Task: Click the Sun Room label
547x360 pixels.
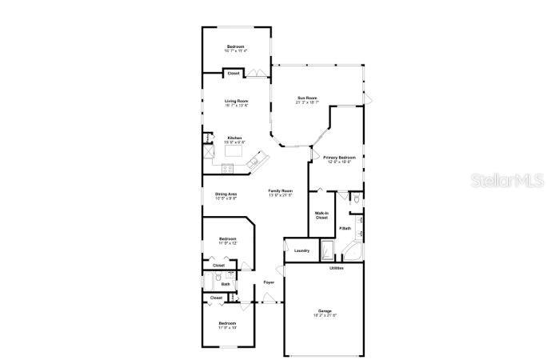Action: coord(307,98)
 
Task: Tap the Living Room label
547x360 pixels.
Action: coord(236,101)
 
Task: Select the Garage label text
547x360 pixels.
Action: coord(325,310)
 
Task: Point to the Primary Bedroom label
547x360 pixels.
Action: coord(339,158)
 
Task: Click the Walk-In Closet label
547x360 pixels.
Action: coord(321,215)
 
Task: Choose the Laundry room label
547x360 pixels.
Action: coord(301,250)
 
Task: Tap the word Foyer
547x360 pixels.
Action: coord(269,282)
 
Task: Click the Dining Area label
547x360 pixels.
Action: coord(226,194)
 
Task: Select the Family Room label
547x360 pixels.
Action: coord(280,190)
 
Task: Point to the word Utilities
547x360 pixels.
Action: coord(337,268)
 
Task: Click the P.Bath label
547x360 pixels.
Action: coord(345,230)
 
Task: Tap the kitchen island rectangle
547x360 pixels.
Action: coord(234,150)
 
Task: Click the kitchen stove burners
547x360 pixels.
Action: coord(226,168)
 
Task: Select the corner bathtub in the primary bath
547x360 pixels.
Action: coord(351,254)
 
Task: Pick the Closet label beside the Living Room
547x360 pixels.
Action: coord(234,74)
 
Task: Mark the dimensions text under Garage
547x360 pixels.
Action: coord(325,315)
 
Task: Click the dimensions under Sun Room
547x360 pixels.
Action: coord(307,102)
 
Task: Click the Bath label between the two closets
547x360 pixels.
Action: coord(226,283)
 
